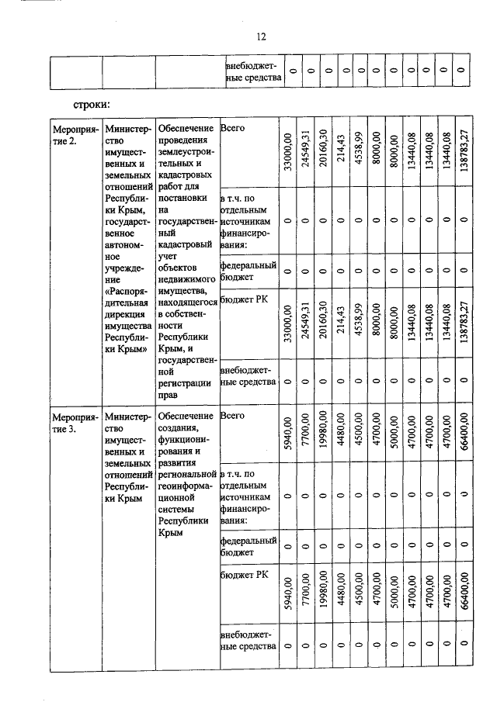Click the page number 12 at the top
[261, 36]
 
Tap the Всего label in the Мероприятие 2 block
[233, 129]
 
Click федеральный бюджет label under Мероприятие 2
[248, 272]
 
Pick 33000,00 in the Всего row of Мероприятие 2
[287, 152]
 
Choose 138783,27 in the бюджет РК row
[463, 327]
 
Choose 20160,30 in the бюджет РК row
[323, 327]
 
